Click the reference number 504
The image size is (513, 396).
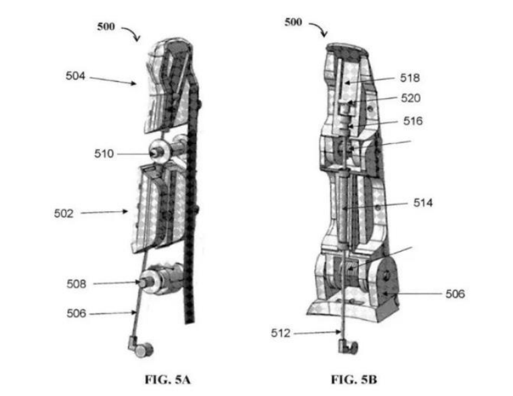[x=75, y=76]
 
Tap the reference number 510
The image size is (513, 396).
[x=104, y=153]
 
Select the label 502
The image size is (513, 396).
[x=64, y=213]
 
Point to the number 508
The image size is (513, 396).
[x=76, y=284]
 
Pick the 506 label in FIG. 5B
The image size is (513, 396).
[x=455, y=294]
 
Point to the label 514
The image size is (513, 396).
[x=423, y=203]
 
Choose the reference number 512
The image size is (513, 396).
[x=281, y=332]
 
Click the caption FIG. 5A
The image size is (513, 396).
[x=168, y=380]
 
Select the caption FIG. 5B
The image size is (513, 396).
[x=354, y=380]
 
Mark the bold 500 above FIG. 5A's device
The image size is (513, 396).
[x=106, y=27]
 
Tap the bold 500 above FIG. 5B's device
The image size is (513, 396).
[x=293, y=22]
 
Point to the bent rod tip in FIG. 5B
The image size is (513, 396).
[x=348, y=346]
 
